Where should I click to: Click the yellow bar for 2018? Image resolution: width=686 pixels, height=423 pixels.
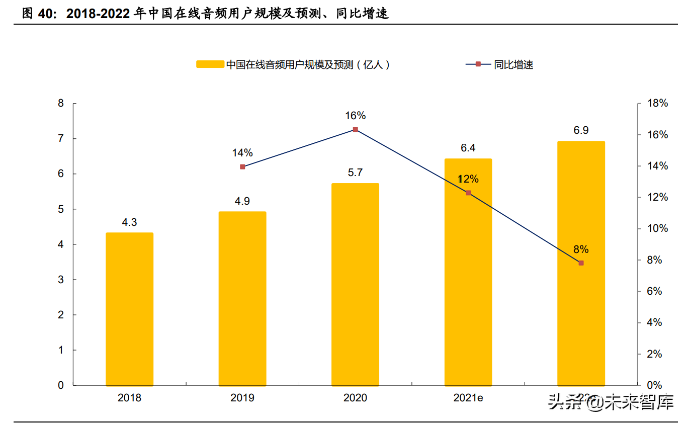129,309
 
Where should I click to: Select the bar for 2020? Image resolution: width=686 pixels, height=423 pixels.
355,284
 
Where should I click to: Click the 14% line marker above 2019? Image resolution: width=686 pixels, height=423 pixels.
242,166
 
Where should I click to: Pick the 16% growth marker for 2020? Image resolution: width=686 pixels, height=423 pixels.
355,129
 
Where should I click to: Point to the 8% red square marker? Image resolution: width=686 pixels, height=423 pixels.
581,263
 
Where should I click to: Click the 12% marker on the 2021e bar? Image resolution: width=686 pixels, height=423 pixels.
468,193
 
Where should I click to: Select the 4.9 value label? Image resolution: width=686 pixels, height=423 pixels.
242,201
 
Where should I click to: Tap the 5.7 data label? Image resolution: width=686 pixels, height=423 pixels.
355,173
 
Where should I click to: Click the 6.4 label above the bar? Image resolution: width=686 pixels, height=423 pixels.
468,148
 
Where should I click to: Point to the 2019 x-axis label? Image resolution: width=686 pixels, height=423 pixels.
242,398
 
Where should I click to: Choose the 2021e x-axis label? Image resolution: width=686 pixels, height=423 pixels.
468,398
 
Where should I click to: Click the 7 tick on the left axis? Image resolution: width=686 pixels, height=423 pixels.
61,138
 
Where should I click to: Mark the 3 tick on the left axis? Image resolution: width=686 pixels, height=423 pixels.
61,280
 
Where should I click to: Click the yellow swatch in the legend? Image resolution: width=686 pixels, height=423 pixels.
210,64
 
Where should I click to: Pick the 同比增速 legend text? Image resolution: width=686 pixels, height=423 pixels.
513,64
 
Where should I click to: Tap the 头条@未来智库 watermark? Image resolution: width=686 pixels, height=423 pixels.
611,402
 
